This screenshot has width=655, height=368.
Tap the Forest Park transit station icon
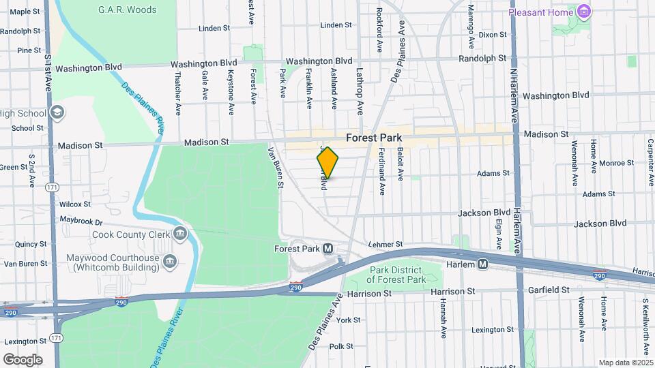tap(327, 249)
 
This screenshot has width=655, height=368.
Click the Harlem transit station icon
tap(483, 264)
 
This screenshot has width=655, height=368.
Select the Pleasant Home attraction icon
tap(583, 12)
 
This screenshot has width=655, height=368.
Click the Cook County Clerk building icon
tap(180, 234)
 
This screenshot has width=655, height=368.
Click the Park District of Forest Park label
tap(397, 275)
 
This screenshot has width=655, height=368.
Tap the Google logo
tap(23, 359)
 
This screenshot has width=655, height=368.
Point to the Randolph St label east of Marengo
tap(482, 59)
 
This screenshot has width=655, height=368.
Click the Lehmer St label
tap(385, 243)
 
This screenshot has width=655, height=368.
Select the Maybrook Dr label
tap(81, 221)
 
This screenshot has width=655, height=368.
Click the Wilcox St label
tap(74, 204)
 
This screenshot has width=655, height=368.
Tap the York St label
tap(348, 320)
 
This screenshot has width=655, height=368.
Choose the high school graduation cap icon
tap(57, 112)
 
